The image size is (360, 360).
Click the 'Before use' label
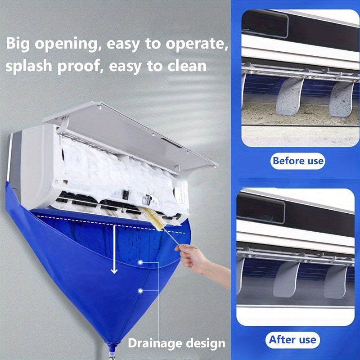(x=297, y=160)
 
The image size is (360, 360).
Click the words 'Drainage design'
(x=176, y=343)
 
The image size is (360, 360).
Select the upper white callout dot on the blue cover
(x=141, y=262)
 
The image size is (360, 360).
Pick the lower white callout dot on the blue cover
(x=141, y=291)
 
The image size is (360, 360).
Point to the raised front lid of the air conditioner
(x=135, y=126)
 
